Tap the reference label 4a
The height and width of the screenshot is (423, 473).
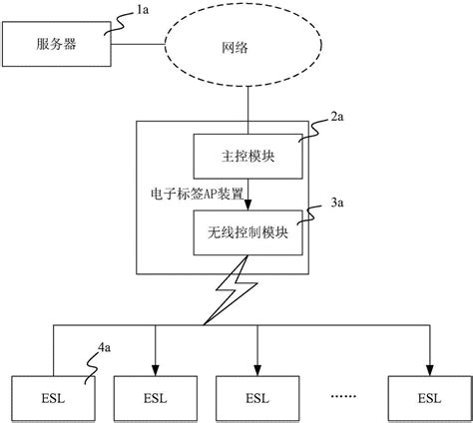coord(105,347)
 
